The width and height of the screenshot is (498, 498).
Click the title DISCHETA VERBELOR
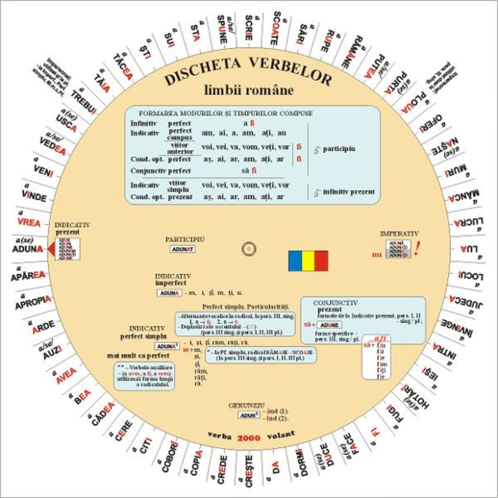248,71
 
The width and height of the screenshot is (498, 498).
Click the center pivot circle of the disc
248,249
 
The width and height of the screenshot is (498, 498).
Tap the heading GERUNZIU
247,403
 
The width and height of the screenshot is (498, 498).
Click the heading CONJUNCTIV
335,303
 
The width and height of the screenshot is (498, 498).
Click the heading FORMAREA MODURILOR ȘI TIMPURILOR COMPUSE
225,113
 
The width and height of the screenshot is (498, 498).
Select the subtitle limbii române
248,91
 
